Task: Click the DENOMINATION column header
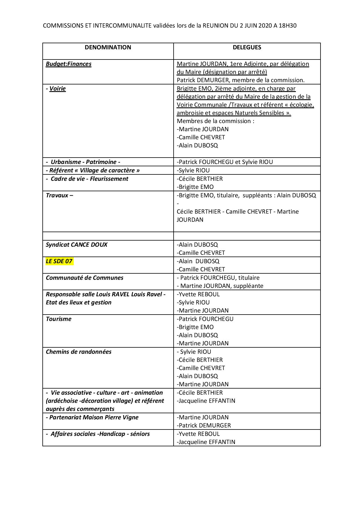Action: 108,47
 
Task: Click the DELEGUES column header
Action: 247,47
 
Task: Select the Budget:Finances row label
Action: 69,64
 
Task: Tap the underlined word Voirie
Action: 57,89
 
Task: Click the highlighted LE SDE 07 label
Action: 59,261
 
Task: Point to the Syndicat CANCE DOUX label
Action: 77,245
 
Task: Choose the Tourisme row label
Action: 59,319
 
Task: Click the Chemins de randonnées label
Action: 79,352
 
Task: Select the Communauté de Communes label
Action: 84,278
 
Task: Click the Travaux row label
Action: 59,195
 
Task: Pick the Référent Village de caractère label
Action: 93,170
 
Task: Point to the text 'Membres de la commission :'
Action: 215,121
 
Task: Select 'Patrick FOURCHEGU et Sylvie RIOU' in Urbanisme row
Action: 225,162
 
